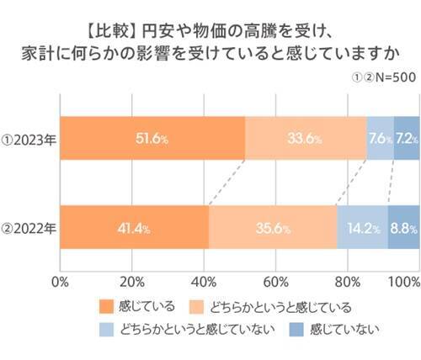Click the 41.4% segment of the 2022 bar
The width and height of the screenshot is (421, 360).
(x=134, y=227)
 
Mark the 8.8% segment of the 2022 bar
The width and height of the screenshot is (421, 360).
(x=403, y=227)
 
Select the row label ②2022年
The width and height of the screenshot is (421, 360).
(x=29, y=227)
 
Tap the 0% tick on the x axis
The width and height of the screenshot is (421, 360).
(x=60, y=279)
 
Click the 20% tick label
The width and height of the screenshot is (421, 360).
(x=131, y=279)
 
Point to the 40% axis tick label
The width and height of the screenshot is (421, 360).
(x=204, y=279)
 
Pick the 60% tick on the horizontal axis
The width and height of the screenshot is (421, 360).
(x=275, y=279)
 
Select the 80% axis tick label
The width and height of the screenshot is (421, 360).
(x=347, y=279)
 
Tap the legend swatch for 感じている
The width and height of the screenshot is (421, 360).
(x=106, y=306)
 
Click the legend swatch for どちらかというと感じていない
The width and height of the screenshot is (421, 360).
(x=106, y=329)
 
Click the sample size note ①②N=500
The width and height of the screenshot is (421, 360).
(x=380, y=77)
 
